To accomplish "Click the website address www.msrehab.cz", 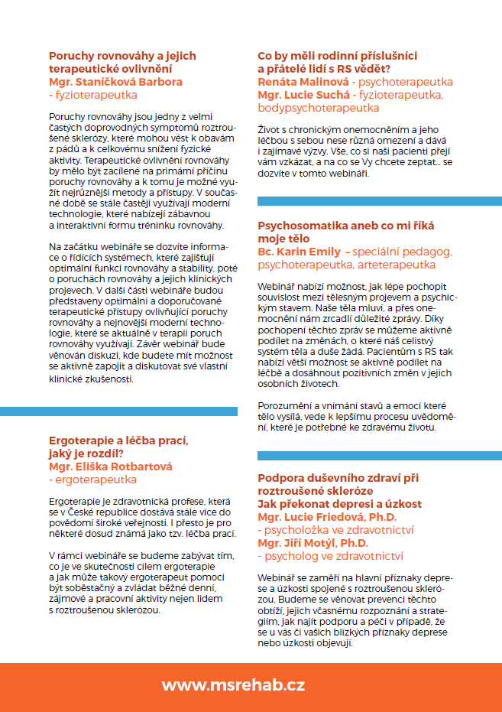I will coord(244,685).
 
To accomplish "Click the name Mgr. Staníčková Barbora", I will coord(115,82).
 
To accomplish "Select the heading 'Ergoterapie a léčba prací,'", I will coord(118,441).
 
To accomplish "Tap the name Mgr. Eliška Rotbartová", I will coord(110,467).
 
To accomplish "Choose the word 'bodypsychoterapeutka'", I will coord(319,108).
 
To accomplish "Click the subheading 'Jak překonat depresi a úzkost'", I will coord(339,504).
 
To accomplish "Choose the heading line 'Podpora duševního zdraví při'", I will coord(338,478).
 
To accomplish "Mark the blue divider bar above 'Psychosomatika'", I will coord(379,201).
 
